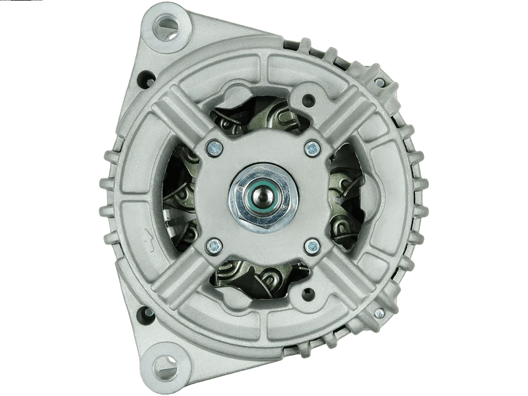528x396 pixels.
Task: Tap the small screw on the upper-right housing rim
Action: coord(379,83)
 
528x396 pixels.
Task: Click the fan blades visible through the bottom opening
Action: coord(261,277)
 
